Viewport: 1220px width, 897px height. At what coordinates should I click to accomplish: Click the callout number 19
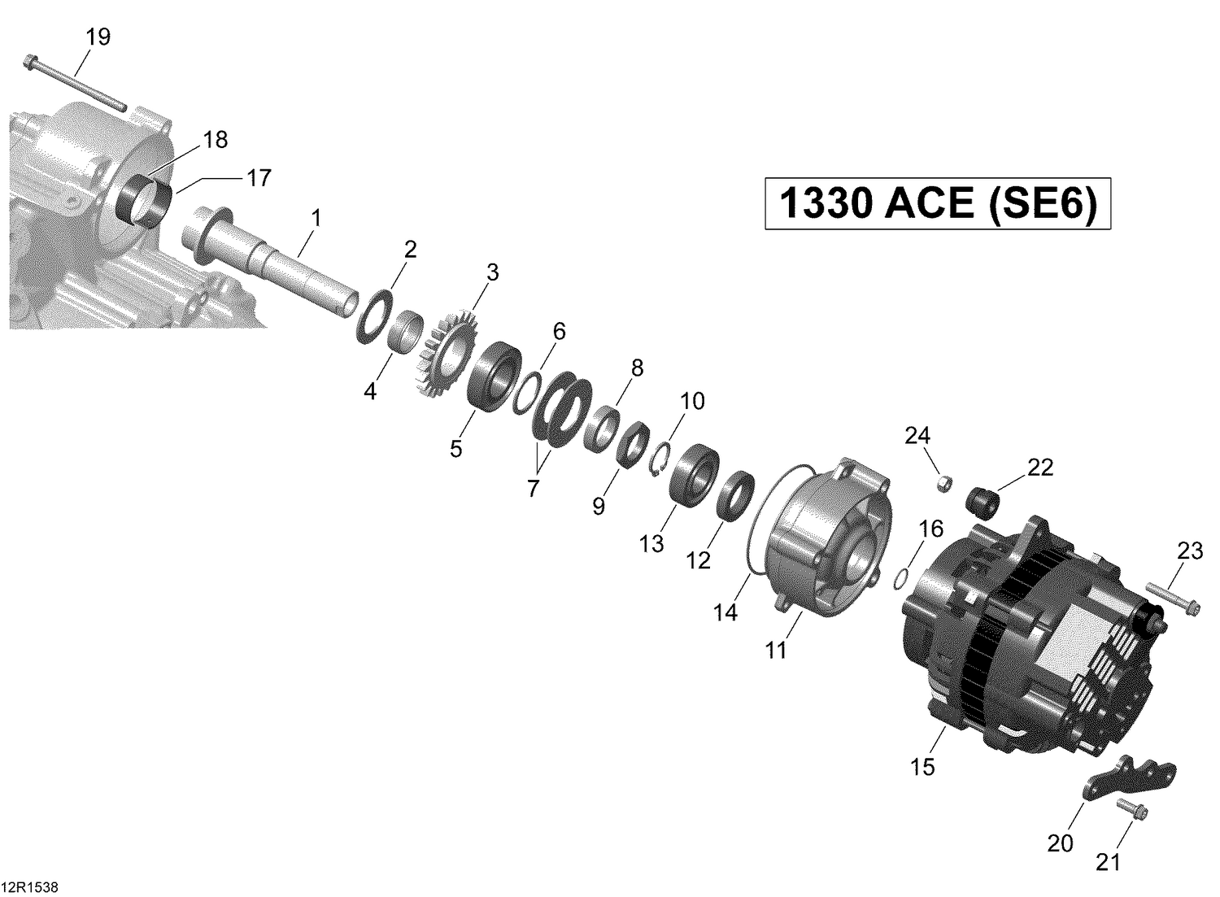pyautogui.click(x=98, y=37)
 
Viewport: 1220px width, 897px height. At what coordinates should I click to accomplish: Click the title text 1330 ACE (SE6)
pyautogui.click(x=937, y=203)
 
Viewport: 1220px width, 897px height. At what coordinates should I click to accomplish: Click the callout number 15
pyautogui.click(x=923, y=766)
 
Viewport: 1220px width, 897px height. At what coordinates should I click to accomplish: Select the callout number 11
pyautogui.click(x=776, y=650)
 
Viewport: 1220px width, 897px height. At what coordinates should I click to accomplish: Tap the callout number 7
pyautogui.click(x=533, y=488)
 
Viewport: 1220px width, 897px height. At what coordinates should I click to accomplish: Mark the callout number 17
pyautogui.click(x=259, y=177)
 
